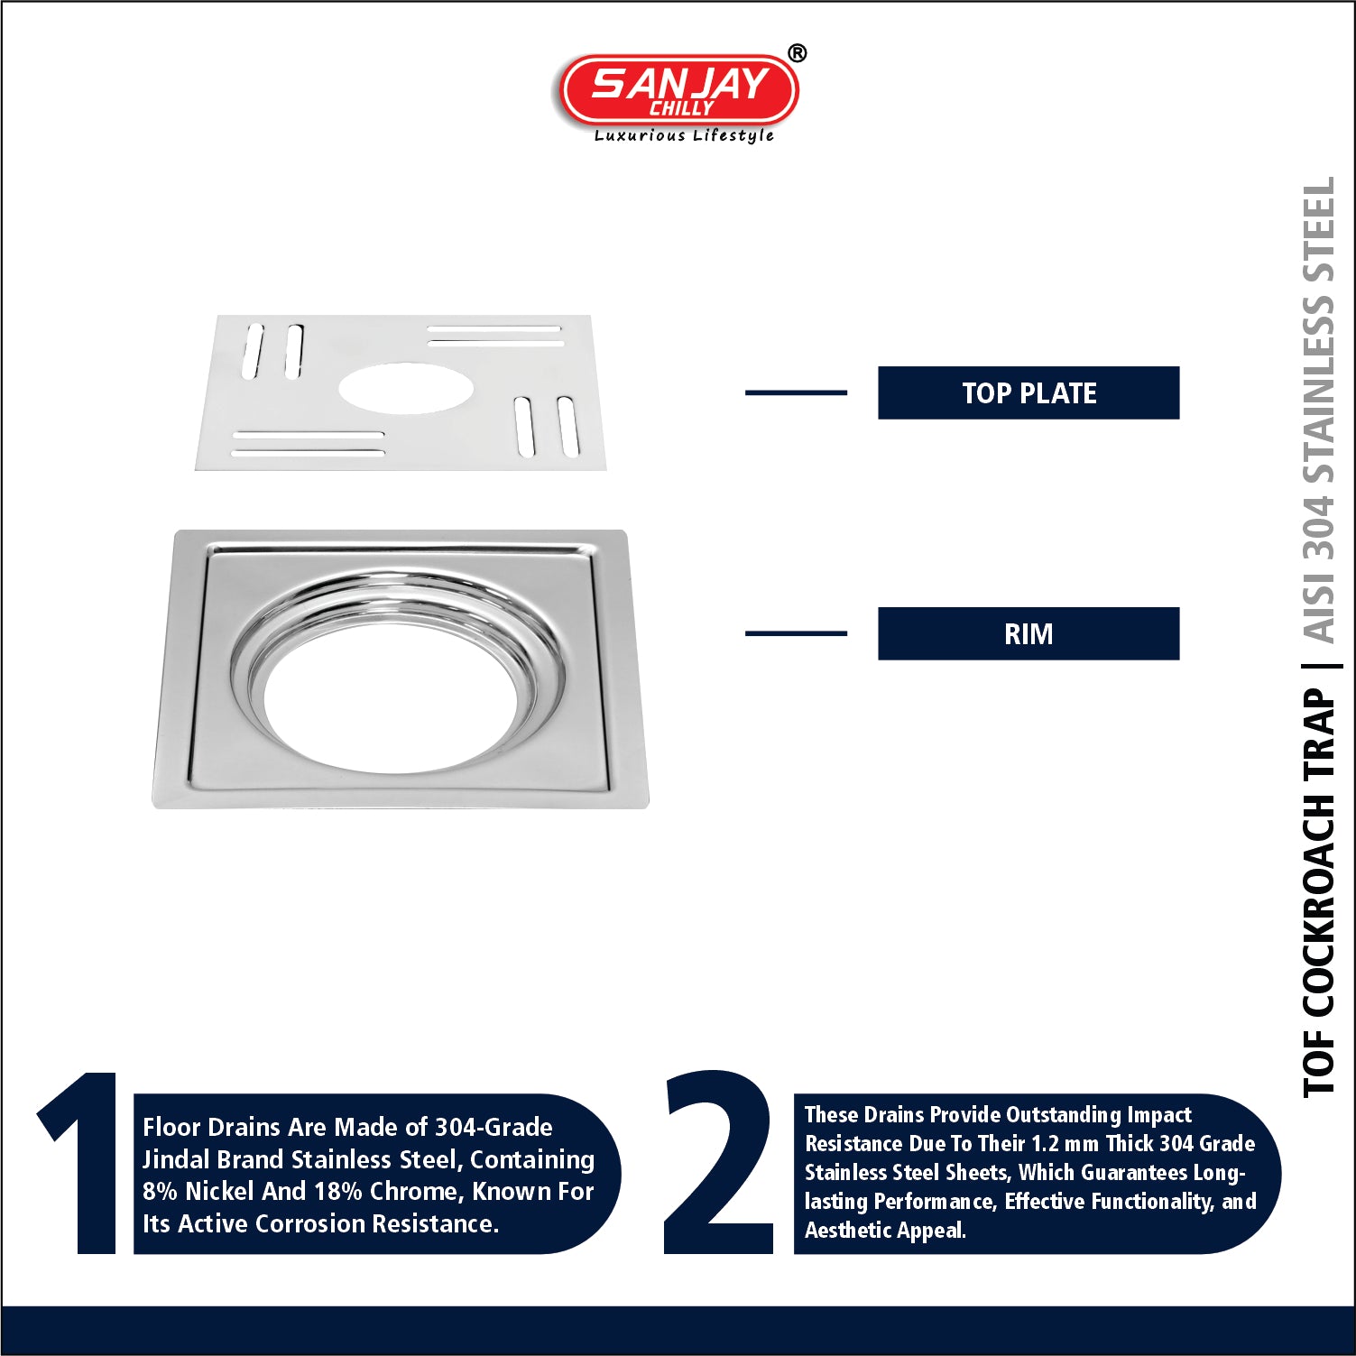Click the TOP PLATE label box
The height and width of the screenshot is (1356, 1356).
1029,392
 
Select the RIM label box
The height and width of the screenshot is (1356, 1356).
1029,633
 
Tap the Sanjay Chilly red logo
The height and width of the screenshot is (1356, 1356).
679,89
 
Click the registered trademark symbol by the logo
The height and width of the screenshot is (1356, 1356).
798,54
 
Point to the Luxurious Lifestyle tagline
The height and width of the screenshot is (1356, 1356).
684,135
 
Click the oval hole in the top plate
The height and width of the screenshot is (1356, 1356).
406,388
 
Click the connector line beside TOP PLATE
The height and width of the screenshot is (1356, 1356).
796,392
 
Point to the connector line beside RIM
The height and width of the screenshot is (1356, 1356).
796,633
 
